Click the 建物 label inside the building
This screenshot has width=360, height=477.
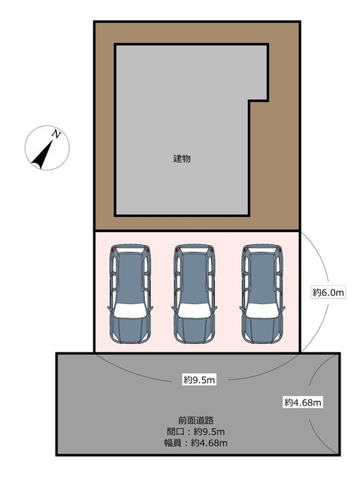click(x=182, y=158)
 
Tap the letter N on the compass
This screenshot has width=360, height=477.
click(x=56, y=134)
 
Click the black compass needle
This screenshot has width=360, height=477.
click(x=42, y=155)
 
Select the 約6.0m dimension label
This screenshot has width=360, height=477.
click(x=328, y=292)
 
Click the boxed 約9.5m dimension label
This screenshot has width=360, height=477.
click(x=199, y=379)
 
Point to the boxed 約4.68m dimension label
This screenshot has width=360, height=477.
click(x=303, y=403)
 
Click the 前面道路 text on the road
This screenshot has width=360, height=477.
click(x=196, y=421)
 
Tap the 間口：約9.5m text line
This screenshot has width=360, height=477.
click(x=195, y=431)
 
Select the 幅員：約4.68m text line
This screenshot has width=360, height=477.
click(x=195, y=442)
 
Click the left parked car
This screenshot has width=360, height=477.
click(x=130, y=294)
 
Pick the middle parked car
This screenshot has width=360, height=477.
click(x=194, y=294)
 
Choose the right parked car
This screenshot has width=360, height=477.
click(x=262, y=294)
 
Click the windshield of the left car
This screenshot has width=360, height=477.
click(x=130, y=311)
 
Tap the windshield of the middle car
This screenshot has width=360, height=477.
click(x=194, y=311)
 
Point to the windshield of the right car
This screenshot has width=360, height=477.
click(x=262, y=311)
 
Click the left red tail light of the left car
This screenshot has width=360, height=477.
click(x=113, y=249)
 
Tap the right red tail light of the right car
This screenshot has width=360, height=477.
click(x=279, y=249)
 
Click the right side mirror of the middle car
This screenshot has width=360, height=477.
click(x=215, y=309)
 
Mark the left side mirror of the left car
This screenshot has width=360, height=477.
click(x=110, y=309)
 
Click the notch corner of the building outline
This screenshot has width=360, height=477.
click(x=250, y=101)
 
